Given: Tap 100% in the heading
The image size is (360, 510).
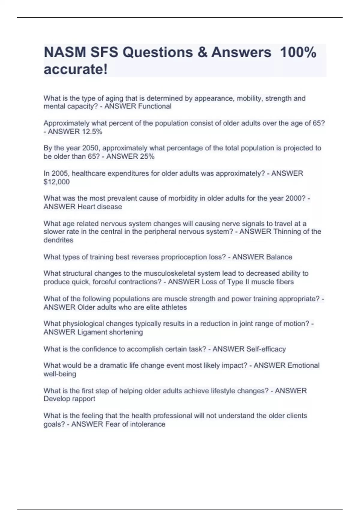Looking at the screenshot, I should click(298, 52).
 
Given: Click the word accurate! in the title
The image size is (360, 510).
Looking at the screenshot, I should click(76, 69).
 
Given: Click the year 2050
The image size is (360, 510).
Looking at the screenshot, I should click(91, 148).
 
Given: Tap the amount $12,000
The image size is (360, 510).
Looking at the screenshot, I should click(57, 182).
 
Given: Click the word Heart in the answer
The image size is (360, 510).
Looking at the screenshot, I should click(86, 207).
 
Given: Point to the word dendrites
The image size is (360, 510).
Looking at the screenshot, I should click(58, 240).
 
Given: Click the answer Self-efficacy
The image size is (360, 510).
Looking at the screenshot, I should click(266, 349).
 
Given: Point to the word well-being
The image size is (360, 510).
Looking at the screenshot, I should click(60, 374).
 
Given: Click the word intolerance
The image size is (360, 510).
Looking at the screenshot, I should click(148, 424).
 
